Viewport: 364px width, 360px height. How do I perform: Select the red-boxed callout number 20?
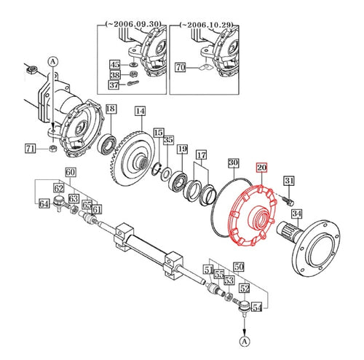261,168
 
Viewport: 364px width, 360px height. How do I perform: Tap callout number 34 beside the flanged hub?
296,214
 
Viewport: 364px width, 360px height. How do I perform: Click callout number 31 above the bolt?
288,181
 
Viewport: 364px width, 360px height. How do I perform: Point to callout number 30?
233,163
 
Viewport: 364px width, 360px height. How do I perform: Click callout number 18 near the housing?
110,109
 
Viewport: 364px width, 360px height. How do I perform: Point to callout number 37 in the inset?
115,85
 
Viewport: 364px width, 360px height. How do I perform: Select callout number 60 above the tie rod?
71,173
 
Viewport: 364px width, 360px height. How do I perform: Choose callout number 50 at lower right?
238,268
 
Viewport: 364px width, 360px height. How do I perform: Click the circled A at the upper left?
52,61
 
